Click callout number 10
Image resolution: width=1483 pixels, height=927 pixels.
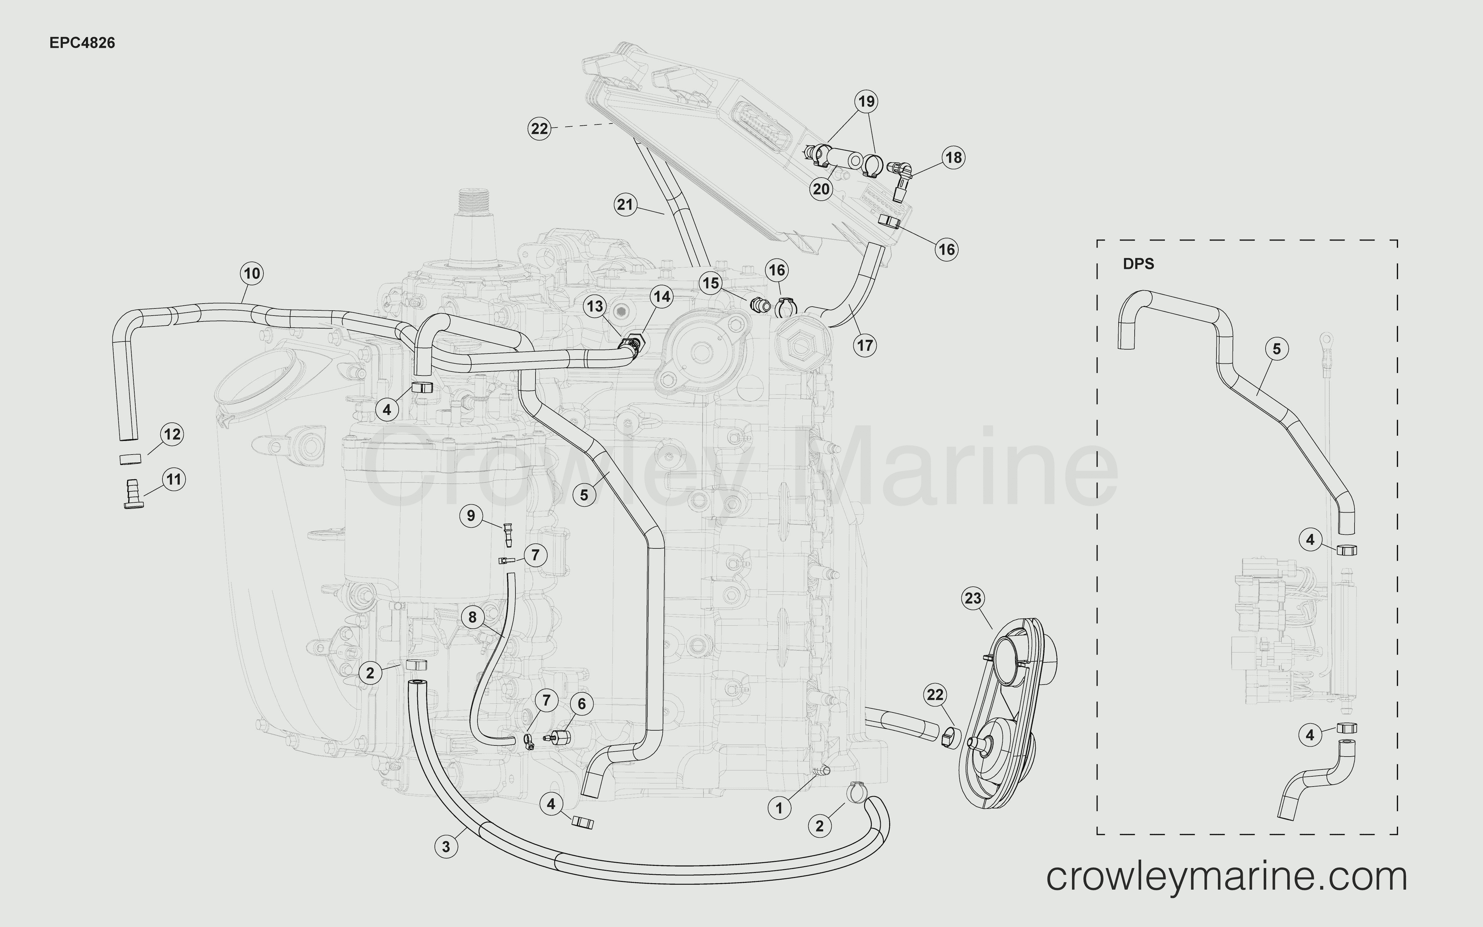click(x=252, y=274)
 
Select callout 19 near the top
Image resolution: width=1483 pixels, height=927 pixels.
click(x=866, y=101)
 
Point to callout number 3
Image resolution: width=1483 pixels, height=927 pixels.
click(x=446, y=847)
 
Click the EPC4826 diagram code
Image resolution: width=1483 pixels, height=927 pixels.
click(x=82, y=43)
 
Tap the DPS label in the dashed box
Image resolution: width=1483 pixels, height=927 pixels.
click(x=1138, y=264)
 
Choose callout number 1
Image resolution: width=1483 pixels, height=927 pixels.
click(x=779, y=808)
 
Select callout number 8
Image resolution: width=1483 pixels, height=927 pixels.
click(x=472, y=617)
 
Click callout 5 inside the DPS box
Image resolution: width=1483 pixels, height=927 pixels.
click(x=1276, y=349)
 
